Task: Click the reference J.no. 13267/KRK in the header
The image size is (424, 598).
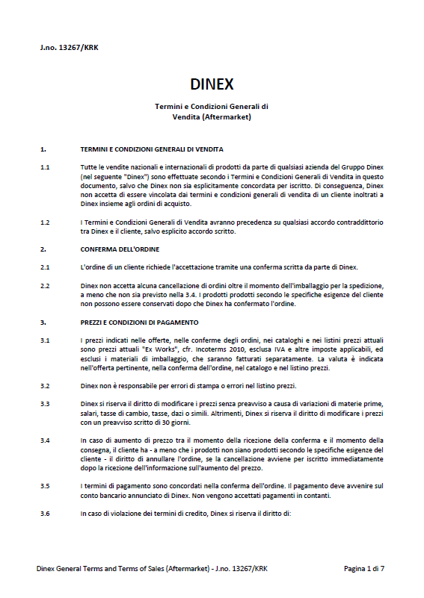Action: pos(69,48)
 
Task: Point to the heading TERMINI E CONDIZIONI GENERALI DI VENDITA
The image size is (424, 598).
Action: pos(151,149)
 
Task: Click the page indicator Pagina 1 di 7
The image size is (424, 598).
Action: pos(364,569)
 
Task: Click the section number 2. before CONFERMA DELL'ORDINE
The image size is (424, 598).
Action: pos(43,249)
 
